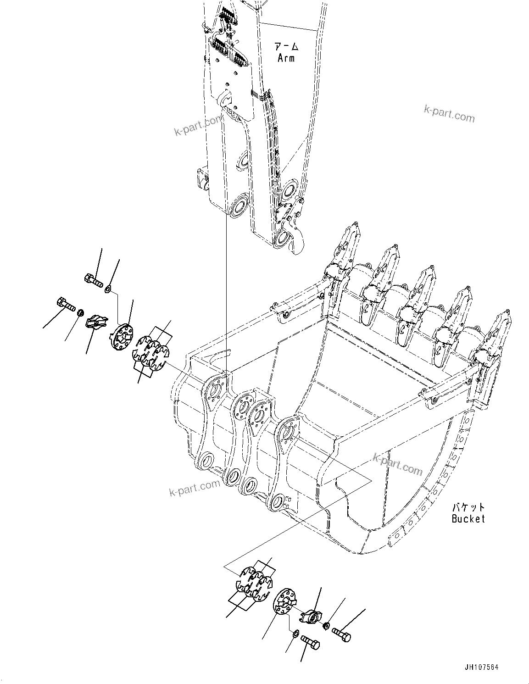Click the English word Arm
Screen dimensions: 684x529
[286, 58]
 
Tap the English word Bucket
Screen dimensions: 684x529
[468, 519]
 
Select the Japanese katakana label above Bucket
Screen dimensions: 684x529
[468, 507]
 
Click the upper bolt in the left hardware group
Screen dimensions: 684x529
[93, 279]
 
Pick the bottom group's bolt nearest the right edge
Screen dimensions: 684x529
[341, 634]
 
